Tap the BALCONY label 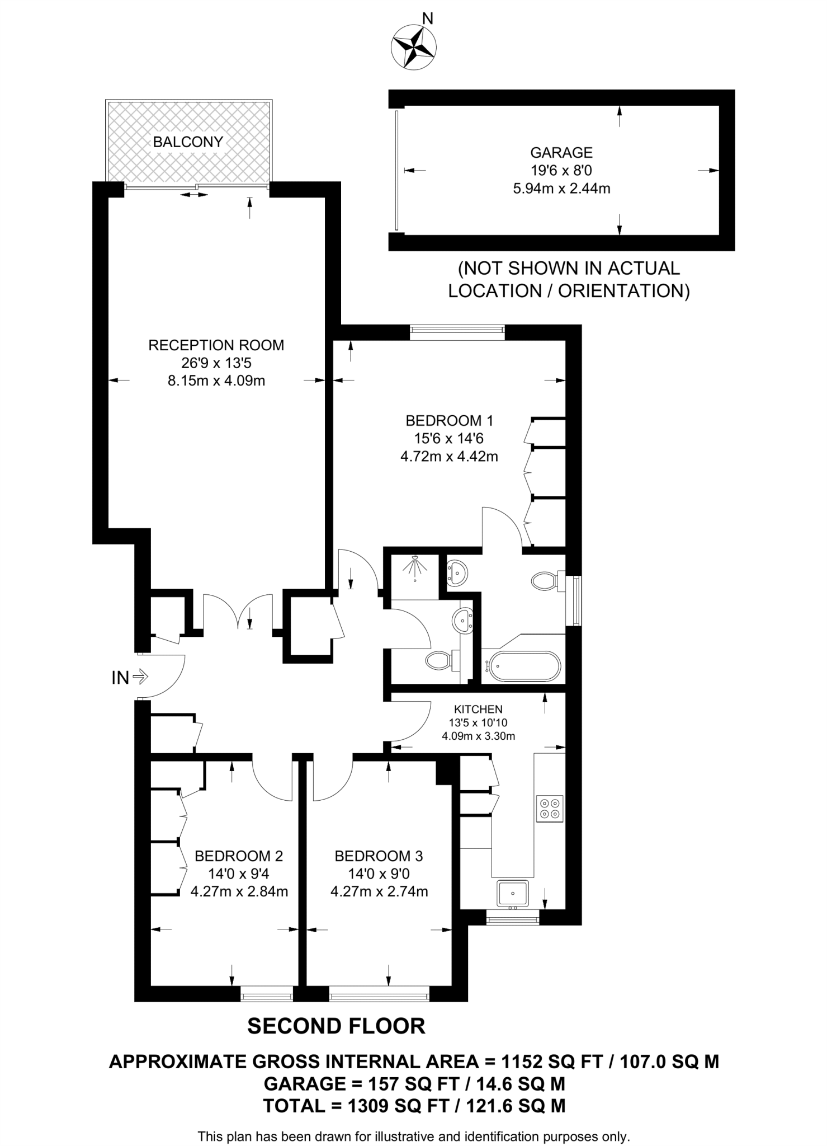click(188, 142)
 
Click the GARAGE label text click(561, 152)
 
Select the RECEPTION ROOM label click(216, 345)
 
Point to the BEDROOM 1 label click(449, 420)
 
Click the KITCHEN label click(478, 710)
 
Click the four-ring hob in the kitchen click(549, 808)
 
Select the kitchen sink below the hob click(512, 893)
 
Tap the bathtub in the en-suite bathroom click(522, 666)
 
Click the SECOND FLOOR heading click(336, 1026)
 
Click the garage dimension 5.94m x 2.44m click(561, 189)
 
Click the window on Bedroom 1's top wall click(457, 332)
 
